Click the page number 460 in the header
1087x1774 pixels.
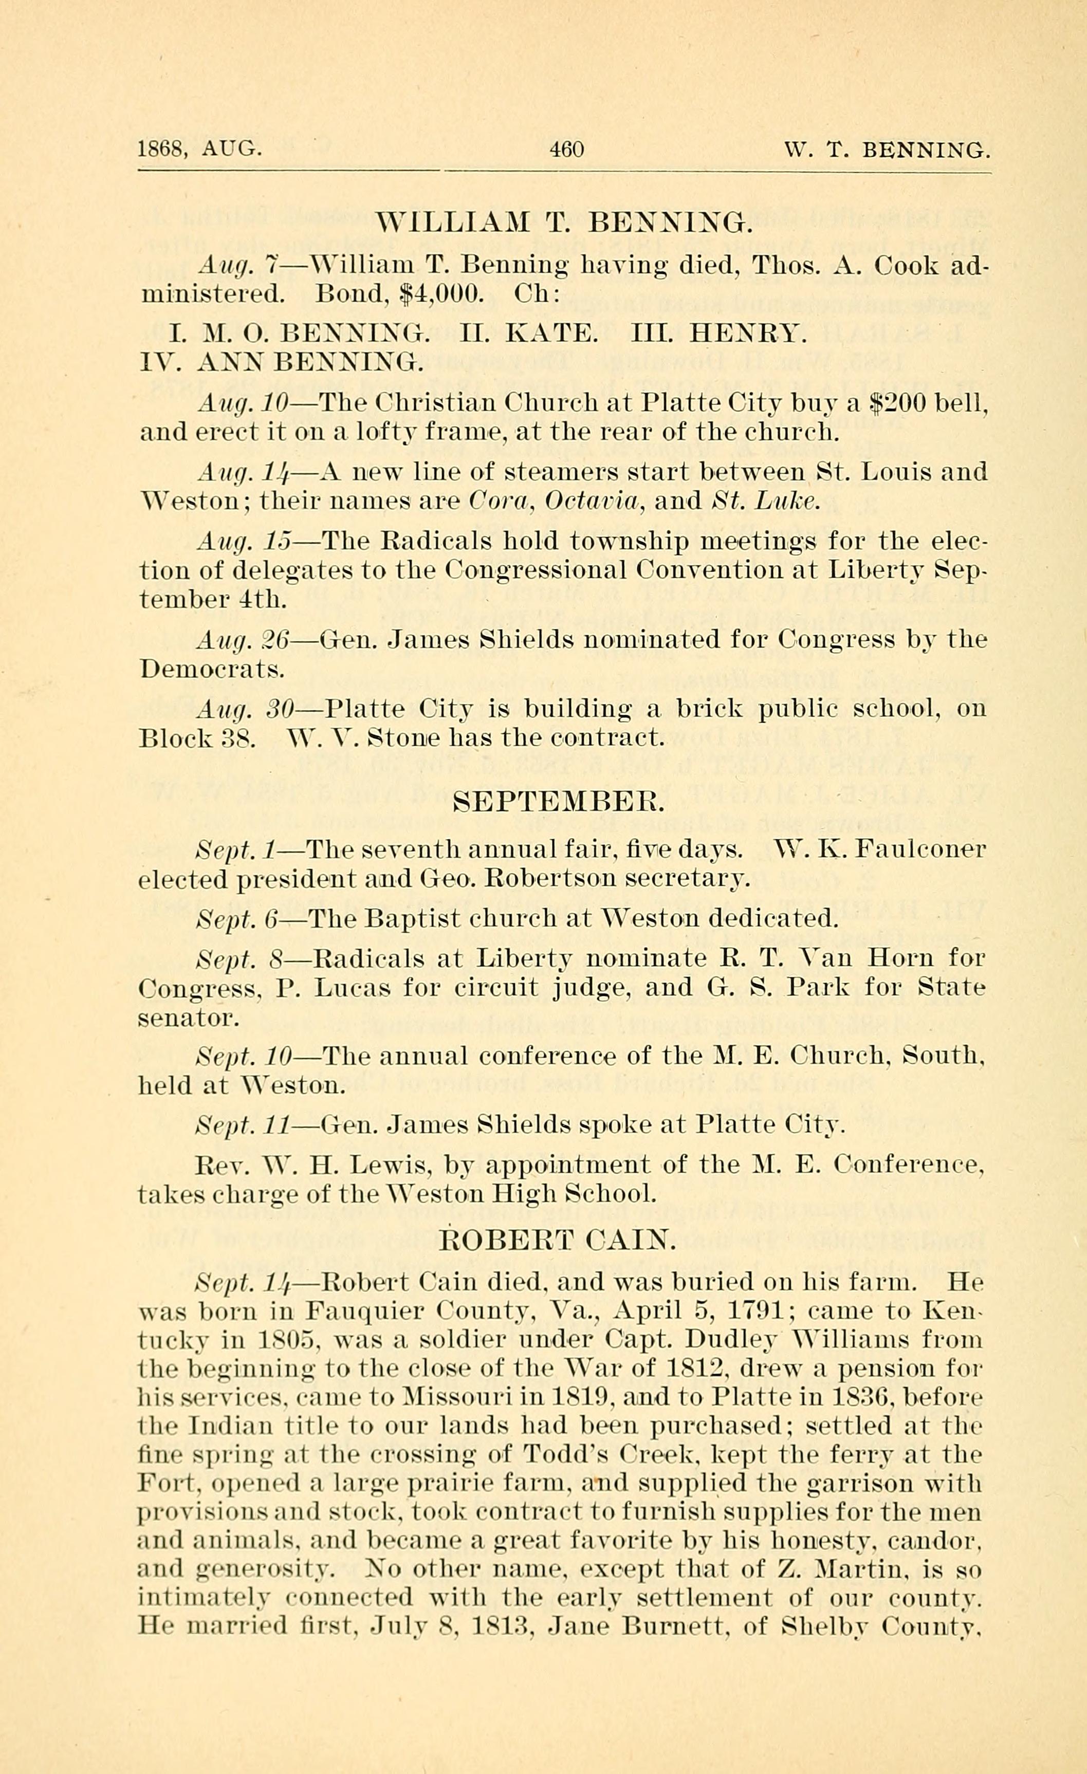click(x=566, y=150)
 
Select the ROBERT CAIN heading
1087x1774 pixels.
click(x=558, y=1239)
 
